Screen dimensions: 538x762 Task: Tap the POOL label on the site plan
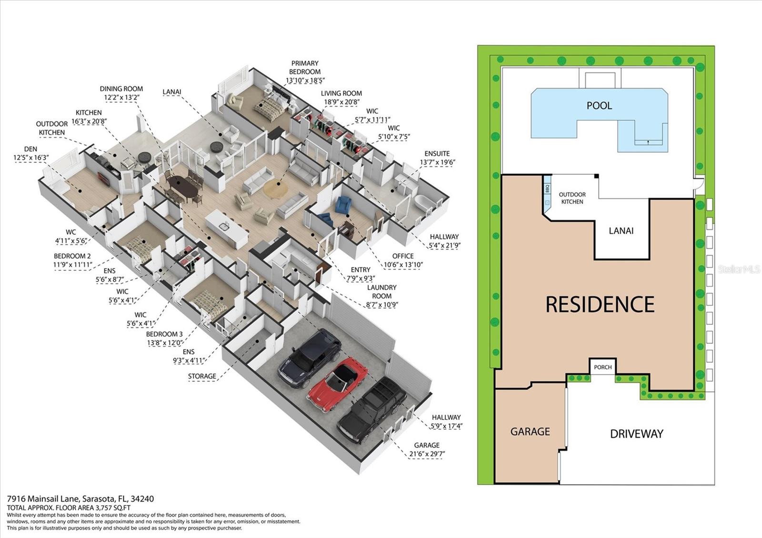point(599,106)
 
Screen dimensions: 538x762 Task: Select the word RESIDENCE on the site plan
point(600,304)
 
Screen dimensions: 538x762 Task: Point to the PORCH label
point(602,367)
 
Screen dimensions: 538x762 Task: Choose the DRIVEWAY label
point(636,434)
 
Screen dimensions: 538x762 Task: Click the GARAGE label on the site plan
point(530,431)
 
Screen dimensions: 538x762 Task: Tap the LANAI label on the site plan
point(621,231)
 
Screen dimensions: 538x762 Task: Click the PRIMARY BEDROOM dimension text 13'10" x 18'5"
point(305,80)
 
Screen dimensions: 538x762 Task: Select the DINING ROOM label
point(121,89)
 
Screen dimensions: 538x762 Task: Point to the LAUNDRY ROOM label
point(382,291)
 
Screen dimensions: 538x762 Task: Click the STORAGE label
point(202,376)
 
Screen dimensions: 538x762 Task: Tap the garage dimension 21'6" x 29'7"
point(426,454)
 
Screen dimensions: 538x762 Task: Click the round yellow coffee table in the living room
point(275,189)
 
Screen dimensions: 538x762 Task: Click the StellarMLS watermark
point(739,269)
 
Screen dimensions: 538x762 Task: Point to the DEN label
point(31,149)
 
